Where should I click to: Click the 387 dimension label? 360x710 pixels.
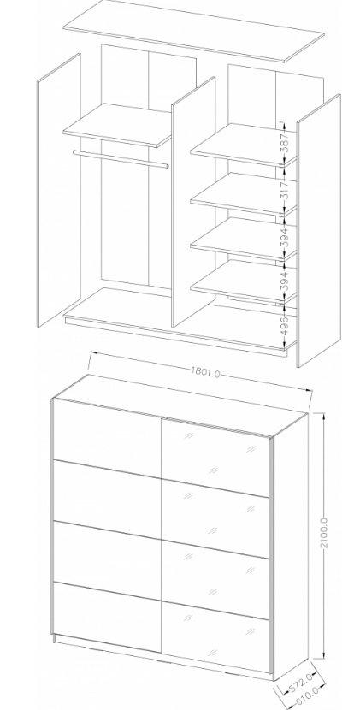coord(284,143)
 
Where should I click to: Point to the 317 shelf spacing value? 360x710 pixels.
coord(284,190)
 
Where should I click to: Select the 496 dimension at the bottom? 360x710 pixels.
coord(284,325)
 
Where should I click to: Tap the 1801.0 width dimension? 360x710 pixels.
coord(205,373)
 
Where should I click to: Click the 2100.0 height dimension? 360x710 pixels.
coord(324,534)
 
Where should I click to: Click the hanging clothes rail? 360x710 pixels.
coord(121,159)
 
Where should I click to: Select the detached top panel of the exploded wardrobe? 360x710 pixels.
coord(194,31)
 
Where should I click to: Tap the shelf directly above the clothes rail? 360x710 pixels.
coord(117,125)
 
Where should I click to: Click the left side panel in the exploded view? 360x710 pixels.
coord(59,190)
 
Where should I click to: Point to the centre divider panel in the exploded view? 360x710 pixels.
coord(193,202)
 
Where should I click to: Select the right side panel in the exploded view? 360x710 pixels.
coord(318,230)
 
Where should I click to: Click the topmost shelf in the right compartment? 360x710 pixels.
coord(243,145)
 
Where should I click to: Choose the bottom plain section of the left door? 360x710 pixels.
coord(108,618)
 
